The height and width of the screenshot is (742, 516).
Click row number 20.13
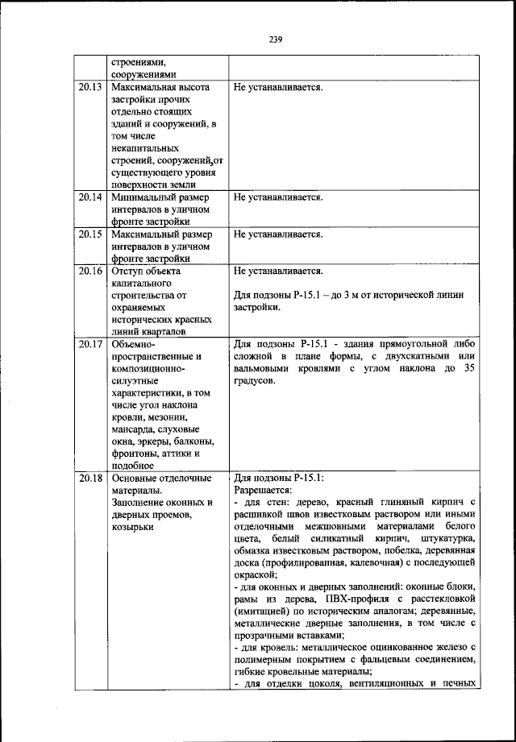pyautogui.click(x=90, y=86)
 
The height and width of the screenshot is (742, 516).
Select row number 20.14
pyautogui.click(x=90, y=197)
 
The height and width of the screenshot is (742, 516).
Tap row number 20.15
pyautogui.click(x=90, y=234)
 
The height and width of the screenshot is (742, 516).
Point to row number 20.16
pyautogui.click(x=90, y=272)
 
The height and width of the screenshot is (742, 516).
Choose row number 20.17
pyautogui.click(x=90, y=345)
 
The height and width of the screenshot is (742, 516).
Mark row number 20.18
pyautogui.click(x=90, y=478)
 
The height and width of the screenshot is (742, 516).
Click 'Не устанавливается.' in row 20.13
pyautogui.click(x=278, y=86)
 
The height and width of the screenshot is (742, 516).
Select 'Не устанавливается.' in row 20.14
pyautogui.click(x=278, y=197)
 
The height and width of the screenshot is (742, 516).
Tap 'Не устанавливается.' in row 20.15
pyautogui.click(x=278, y=234)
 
